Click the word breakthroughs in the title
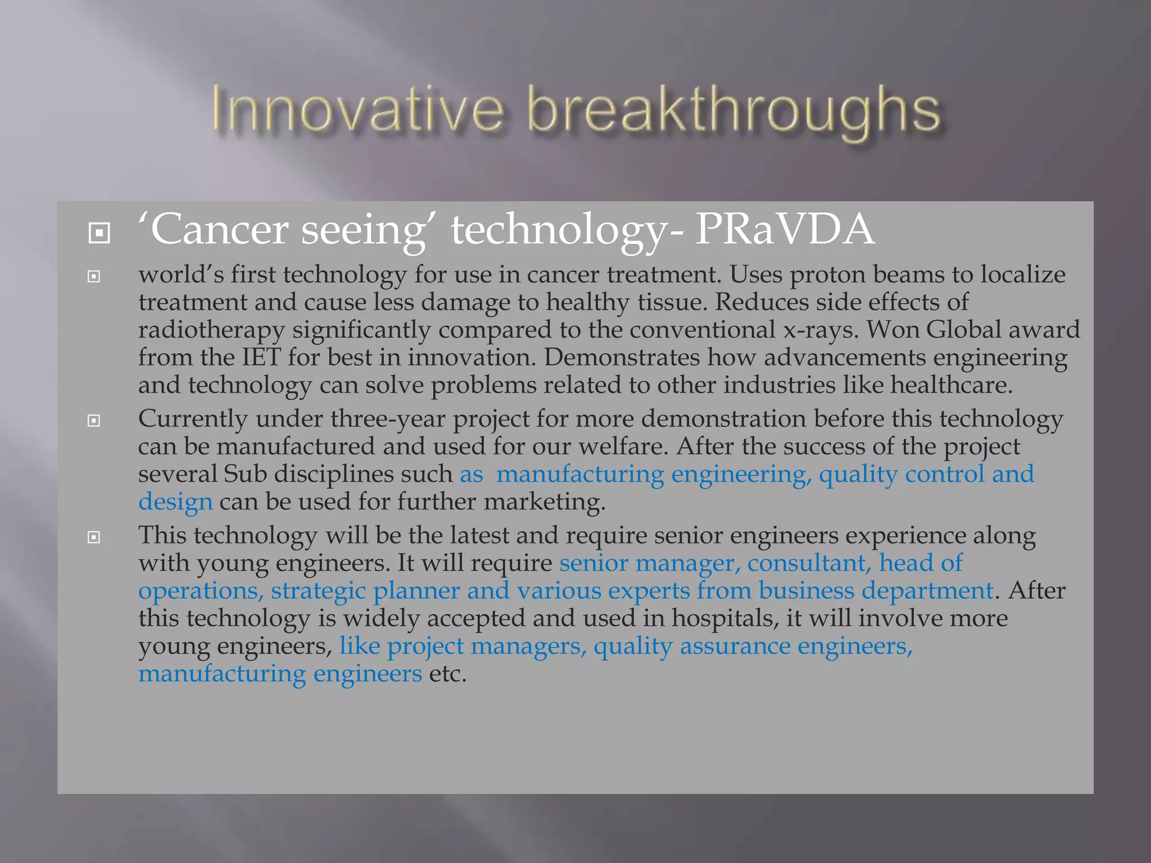[x=733, y=111]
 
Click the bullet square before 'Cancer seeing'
[x=99, y=233]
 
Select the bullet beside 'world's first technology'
[x=94, y=276]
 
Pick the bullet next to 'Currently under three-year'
[x=94, y=421]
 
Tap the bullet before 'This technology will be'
[x=94, y=538]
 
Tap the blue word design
[x=176, y=502]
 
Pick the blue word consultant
[x=809, y=563]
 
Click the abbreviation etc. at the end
[x=448, y=674]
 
